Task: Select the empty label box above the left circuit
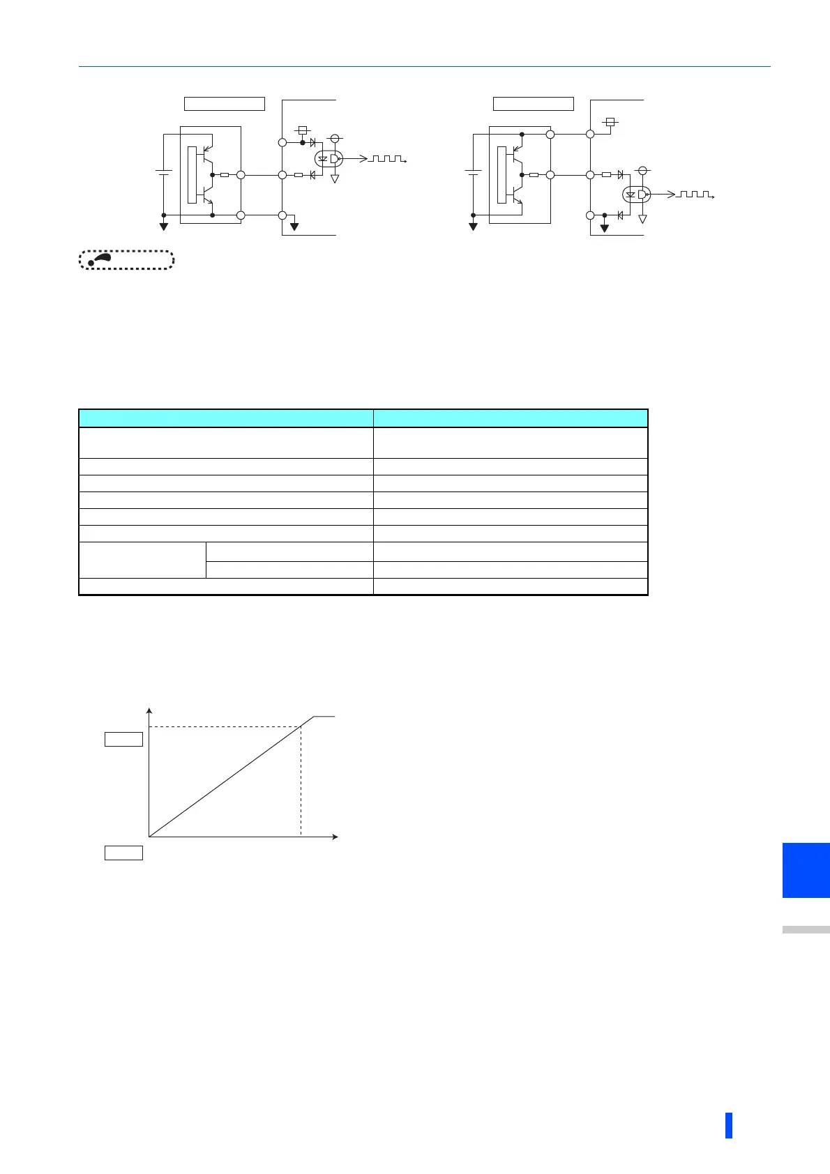[224, 104]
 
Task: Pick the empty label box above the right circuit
[533, 104]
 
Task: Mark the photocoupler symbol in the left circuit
[328, 159]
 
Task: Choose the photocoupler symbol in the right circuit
[636, 195]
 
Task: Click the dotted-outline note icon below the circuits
[126, 260]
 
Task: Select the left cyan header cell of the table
[225, 418]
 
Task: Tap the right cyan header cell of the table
[511, 418]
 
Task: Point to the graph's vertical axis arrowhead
[149, 711]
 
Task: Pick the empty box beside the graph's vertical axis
[123, 739]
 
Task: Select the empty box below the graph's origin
[123, 852]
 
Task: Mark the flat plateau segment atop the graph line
[324, 716]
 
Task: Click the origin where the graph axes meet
[149, 836]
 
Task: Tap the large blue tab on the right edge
[806, 870]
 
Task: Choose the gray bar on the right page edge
[806, 929]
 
